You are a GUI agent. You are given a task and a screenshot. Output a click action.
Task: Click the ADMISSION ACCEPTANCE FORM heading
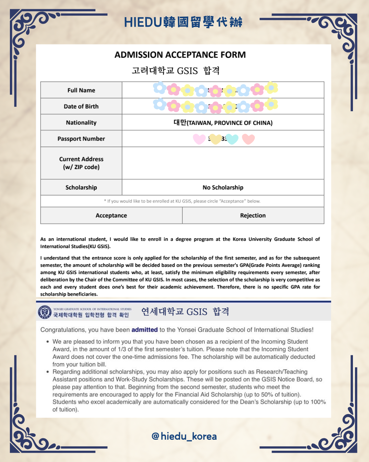180,55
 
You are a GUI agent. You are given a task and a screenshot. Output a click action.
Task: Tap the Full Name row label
81,90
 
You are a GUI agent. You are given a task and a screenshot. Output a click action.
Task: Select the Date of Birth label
81,106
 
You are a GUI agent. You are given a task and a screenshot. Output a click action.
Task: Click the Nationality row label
81,123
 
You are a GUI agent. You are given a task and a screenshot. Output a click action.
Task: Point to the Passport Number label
81,139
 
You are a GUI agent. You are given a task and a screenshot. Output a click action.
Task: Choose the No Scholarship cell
223,188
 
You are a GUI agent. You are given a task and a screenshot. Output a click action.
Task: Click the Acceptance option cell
111,216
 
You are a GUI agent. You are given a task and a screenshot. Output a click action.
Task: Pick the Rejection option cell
253,216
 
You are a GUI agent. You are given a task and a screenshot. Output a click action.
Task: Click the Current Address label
81,163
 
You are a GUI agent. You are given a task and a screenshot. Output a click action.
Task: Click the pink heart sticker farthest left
199,139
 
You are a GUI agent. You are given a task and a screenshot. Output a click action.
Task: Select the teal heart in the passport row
232,139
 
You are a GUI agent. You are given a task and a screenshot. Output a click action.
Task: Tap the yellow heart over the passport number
216,139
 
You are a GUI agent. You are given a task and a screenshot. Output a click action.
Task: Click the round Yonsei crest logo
45,312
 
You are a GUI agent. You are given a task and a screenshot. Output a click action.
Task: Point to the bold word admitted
145,330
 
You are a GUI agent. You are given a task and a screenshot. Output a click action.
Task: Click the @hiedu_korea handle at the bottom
184,436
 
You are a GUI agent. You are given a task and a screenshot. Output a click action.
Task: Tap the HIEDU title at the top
183,22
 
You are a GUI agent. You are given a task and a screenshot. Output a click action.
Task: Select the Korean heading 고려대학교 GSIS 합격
176,71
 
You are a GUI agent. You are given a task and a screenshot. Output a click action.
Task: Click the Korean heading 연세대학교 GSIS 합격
185,312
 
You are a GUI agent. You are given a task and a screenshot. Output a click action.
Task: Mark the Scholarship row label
81,188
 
